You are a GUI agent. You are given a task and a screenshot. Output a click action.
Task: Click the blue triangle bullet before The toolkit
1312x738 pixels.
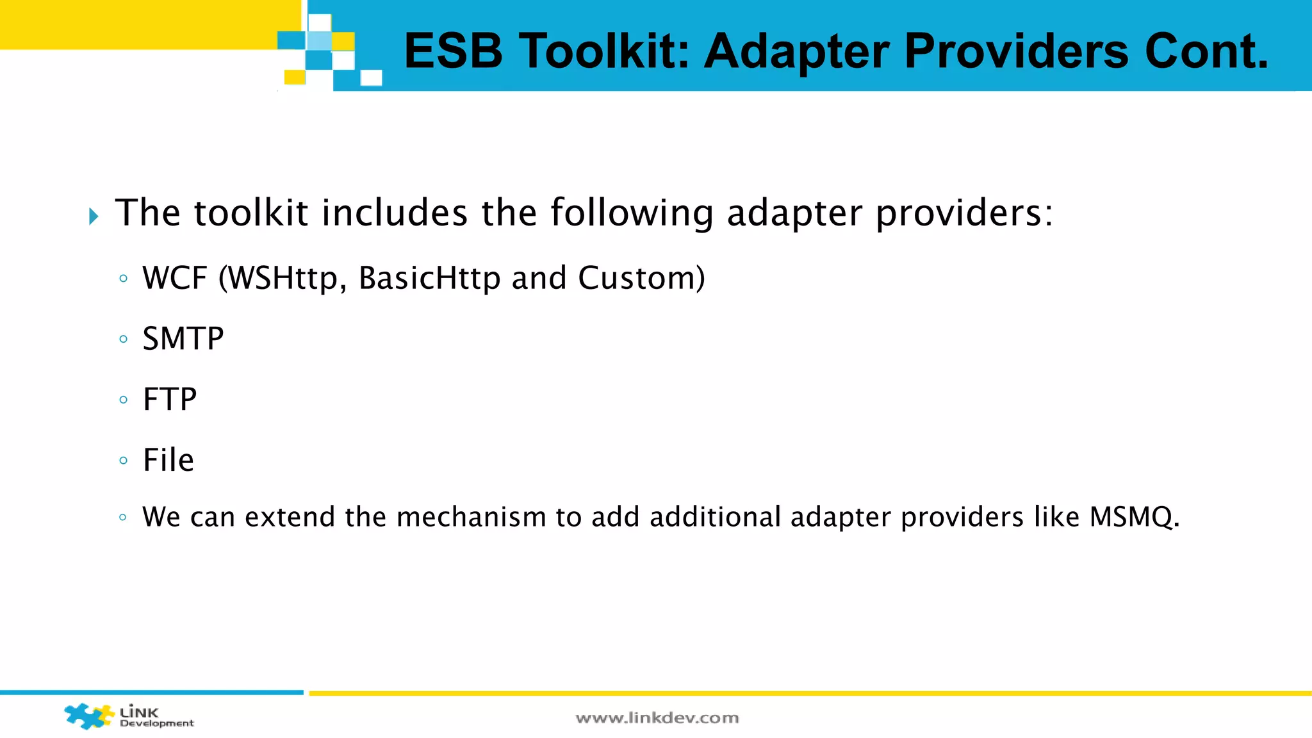pos(94,216)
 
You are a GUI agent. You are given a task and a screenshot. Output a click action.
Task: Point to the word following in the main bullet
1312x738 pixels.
pos(632,213)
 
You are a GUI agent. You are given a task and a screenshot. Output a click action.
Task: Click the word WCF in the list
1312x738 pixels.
pos(175,278)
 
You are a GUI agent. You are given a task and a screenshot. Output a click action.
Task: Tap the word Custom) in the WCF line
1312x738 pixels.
pos(641,278)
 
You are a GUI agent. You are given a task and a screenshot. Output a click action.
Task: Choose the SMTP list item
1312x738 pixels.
pos(183,338)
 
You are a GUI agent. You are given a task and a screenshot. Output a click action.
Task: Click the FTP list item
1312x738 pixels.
pos(169,399)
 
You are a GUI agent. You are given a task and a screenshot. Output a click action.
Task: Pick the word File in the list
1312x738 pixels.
pos(168,460)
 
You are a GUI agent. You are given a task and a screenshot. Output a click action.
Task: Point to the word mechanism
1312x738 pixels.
pos(471,517)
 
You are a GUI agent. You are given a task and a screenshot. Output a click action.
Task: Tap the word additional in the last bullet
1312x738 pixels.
pos(715,517)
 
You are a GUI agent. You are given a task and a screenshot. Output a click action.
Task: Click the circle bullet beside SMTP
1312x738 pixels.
pos(123,339)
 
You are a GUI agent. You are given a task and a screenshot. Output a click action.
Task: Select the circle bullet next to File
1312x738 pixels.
pos(123,460)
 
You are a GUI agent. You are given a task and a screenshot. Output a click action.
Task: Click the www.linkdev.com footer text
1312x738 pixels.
pos(657,718)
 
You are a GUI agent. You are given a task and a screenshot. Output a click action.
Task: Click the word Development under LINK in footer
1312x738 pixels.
pos(157,723)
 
